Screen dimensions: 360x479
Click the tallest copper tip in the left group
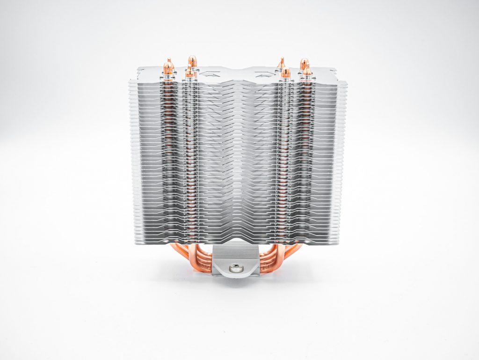(192, 61)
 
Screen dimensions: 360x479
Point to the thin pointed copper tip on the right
(281, 62)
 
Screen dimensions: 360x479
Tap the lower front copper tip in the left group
(189, 73)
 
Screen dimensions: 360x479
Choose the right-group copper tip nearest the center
(285, 73)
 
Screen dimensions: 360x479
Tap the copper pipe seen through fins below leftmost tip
(168, 140)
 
